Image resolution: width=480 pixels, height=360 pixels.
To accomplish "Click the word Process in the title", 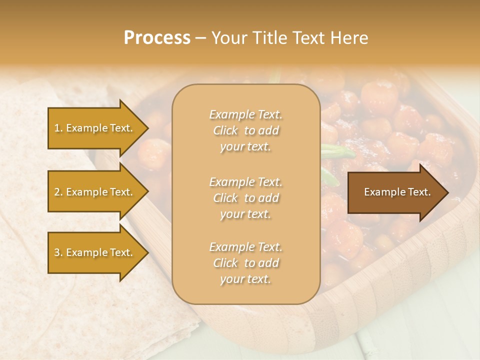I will pyautogui.click(x=157, y=38).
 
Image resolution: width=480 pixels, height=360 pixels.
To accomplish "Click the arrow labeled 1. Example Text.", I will pyautogui.click(x=95, y=128).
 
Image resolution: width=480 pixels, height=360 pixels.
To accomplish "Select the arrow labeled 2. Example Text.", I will pyautogui.click(x=95, y=192).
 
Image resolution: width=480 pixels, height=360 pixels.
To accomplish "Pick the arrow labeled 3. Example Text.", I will pyautogui.click(x=95, y=252).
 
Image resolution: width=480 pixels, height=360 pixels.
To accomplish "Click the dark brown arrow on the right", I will pyautogui.click(x=395, y=192).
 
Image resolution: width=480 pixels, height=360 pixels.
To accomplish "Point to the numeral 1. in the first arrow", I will pyautogui.click(x=58, y=128).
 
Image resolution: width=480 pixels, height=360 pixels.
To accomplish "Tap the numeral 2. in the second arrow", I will pyautogui.click(x=58, y=192).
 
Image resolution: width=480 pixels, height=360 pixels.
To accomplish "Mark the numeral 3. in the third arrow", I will pyautogui.click(x=58, y=252).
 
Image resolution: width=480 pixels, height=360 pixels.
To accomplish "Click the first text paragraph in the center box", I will pyautogui.click(x=245, y=130).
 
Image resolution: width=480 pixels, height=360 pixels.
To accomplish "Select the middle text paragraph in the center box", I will pyautogui.click(x=245, y=198).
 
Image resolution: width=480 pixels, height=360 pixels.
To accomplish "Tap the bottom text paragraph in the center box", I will pyautogui.click(x=245, y=263).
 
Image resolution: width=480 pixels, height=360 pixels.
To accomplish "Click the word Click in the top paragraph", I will pyautogui.click(x=225, y=130).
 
